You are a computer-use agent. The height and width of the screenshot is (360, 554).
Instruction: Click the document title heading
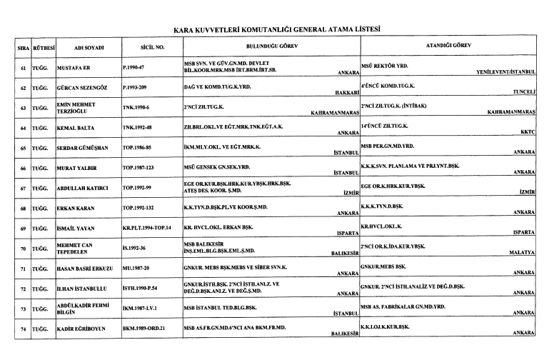click(x=277, y=30)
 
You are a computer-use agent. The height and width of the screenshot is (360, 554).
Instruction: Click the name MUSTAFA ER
click(x=75, y=69)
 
